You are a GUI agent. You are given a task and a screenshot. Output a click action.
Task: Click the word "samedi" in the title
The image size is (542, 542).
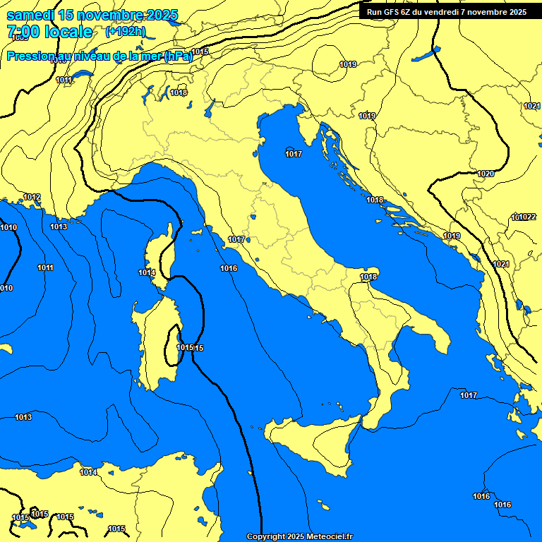tap(32, 15)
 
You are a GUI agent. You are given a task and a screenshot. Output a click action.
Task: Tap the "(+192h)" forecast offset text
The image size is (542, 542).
tap(126, 31)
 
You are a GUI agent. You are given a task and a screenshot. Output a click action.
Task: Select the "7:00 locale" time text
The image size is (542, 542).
tap(49, 32)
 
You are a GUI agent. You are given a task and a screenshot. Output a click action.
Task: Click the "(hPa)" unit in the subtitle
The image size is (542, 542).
tap(178, 56)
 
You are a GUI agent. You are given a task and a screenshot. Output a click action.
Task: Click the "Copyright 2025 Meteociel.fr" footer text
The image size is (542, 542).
tap(299, 536)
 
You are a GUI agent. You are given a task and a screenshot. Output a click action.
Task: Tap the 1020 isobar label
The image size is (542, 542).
tap(486, 174)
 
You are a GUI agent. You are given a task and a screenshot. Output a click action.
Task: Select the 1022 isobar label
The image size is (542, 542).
tap(529, 217)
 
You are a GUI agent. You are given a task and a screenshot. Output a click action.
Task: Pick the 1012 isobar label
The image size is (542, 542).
tap(32, 197)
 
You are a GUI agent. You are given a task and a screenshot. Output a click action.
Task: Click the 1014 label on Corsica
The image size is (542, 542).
tap(147, 272)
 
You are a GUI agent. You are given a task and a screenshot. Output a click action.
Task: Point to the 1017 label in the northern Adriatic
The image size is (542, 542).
tap(294, 154)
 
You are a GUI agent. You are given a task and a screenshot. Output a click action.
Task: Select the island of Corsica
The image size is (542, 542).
tap(161, 258)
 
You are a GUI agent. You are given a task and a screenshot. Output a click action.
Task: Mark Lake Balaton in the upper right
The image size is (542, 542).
tap(426, 54)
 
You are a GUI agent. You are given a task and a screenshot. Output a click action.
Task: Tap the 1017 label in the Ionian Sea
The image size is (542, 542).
tap(469, 395)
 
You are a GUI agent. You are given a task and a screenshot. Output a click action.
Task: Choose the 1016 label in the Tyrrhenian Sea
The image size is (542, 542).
tap(229, 268)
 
